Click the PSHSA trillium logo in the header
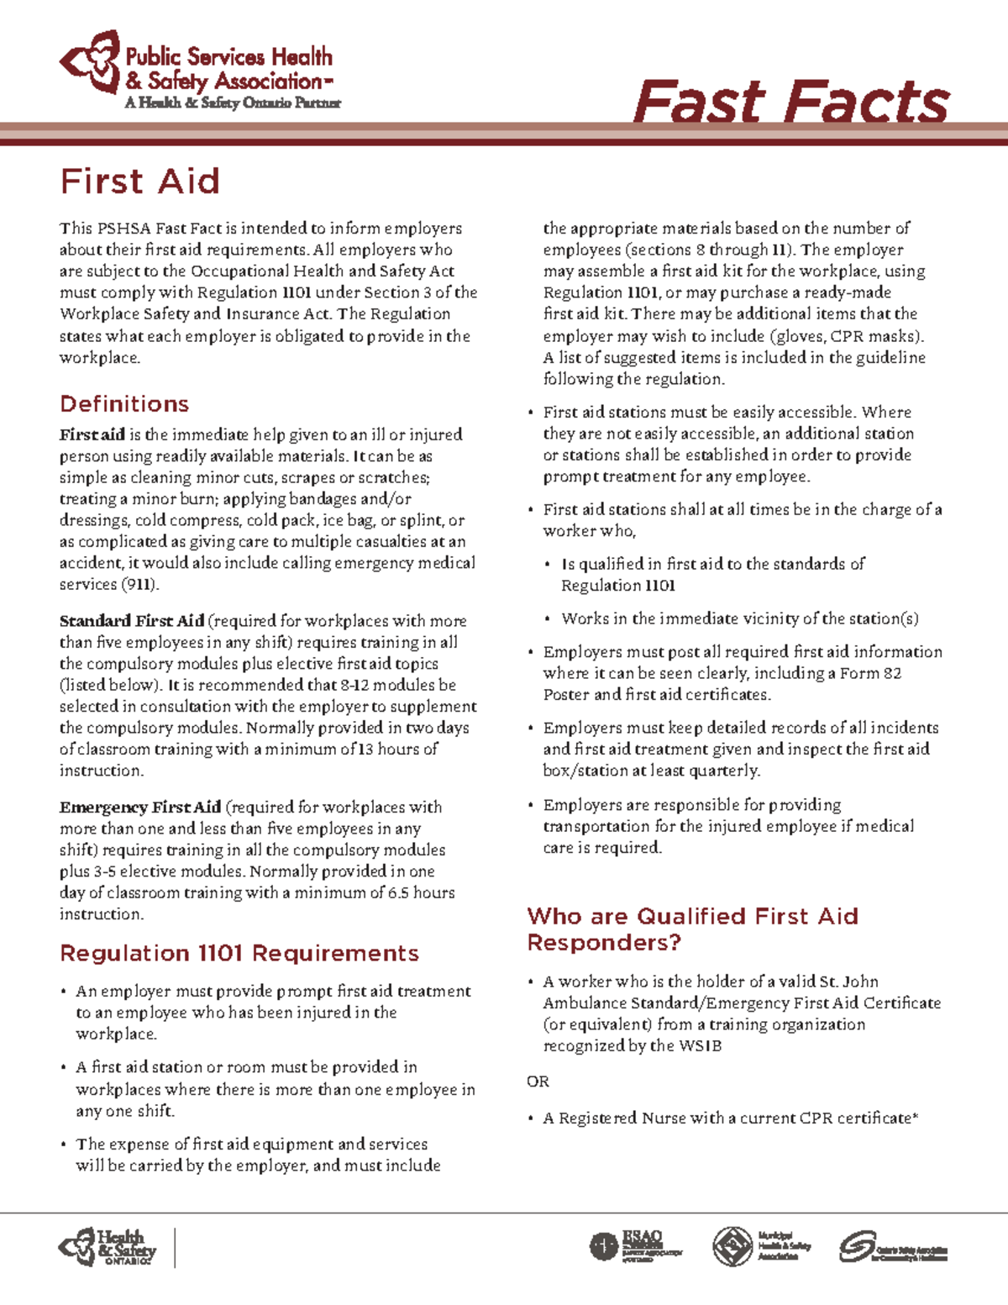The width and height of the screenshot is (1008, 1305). (x=91, y=61)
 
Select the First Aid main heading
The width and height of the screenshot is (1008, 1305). (x=140, y=182)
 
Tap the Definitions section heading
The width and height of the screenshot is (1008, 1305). (x=124, y=403)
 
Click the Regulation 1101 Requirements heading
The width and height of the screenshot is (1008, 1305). (x=239, y=953)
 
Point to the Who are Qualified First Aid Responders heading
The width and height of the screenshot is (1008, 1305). (x=692, y=929)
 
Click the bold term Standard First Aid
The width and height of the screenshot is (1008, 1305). (x=132, y=621)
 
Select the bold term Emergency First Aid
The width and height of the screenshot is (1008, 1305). (x=140, y=807)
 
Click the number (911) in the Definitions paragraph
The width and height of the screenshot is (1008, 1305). (x=140, y=584)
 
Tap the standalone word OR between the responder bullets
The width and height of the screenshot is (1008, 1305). (x=538, y=1081)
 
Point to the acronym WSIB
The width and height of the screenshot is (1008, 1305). (x=700, y=1046)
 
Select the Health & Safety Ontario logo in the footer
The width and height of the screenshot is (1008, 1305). (x=108, y=1248)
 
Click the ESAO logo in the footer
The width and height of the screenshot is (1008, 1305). (x=636, y=1246)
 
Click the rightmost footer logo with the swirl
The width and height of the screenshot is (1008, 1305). (x=893, y=1247)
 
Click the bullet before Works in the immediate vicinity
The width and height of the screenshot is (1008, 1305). (x=548, y=619)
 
